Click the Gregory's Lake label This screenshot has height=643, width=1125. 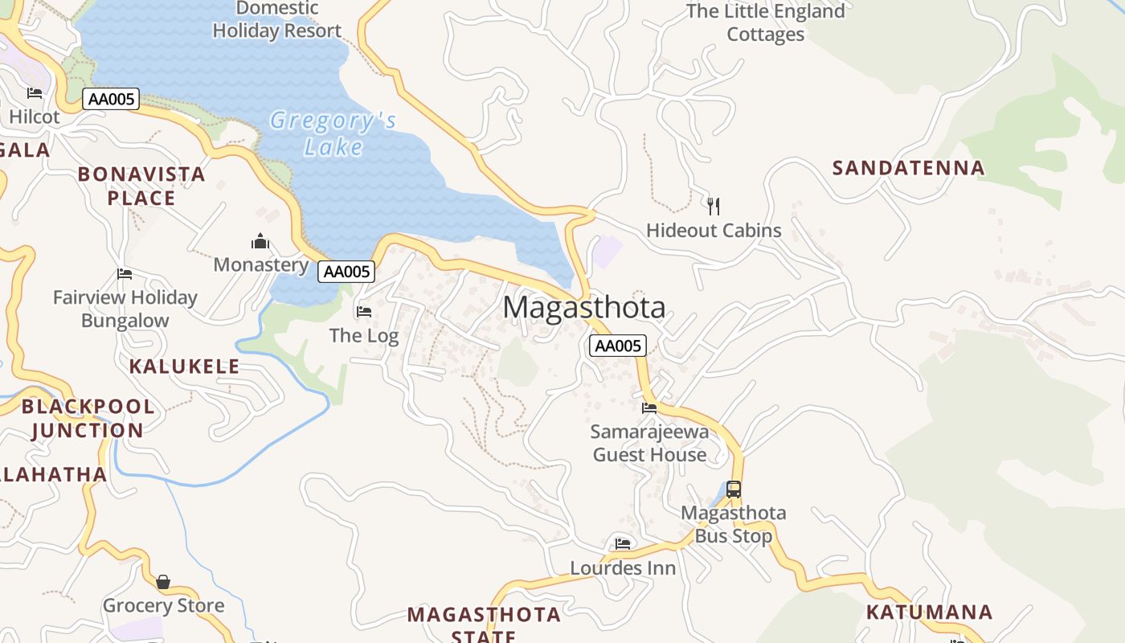click(x=333, y=133)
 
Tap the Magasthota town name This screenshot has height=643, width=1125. click(x=584, y=308)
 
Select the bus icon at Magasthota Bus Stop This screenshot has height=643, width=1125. click(x=733, y=489)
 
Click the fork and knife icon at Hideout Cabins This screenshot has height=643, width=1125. click(x=714, y=206)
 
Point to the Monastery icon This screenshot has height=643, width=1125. click(x=260, y=241)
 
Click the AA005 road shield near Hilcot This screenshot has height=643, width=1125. click(x=111, y=100)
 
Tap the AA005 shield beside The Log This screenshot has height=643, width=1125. click(x=346, y=272)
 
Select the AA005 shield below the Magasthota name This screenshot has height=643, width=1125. click(x=617, y=346)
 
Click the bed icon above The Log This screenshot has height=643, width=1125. click(x=364, y=311)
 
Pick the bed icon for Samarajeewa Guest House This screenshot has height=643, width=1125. click(x=649, y=408)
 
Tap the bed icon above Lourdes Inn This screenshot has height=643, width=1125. click(x=623, y=543)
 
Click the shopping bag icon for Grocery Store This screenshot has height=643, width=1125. click(x=163, y=581)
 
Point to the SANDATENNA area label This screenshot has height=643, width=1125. click(x=908, y=168)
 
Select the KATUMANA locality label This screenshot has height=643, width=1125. click(x=929, y=612)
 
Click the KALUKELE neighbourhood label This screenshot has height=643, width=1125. click(x=184, y=367)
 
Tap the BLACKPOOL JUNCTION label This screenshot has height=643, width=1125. click(x=88, y=418)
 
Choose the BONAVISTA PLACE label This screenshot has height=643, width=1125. click(x=141, y=186)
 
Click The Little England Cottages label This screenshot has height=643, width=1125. click(x=765, y=23)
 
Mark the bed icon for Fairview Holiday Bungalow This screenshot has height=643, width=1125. click(x=125, y=273)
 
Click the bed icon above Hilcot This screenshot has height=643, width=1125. click(x=35, y=93)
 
